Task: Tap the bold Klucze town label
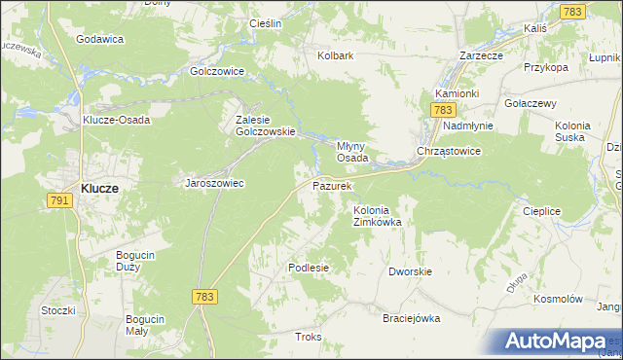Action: coord(99,190)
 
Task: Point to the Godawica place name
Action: coord(99,39)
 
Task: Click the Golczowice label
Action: coord(216,71)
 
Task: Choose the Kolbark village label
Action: coord(335,55)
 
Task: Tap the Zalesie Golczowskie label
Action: coord(258,126)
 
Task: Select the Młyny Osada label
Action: coord(351,151)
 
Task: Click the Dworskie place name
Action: coord(410,271)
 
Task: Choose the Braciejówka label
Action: coord(411,318)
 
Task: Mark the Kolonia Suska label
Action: coord(580,131)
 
